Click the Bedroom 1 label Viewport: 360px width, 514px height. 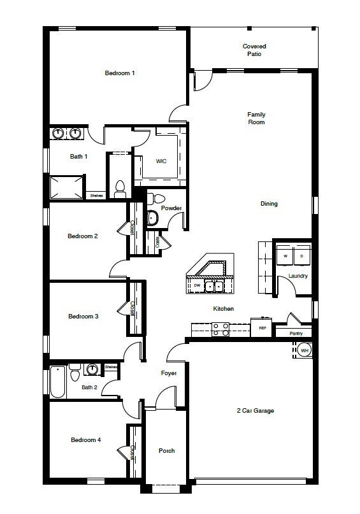[x=120, y=73]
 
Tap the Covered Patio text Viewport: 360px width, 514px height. [x=254, y=50]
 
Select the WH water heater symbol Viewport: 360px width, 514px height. [x=304, y=350]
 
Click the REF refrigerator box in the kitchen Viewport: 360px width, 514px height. [x=262, y=327]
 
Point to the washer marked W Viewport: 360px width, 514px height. [x=285, y=256]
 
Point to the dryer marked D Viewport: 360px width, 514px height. [x=302, y=256]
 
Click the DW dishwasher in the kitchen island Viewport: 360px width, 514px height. [x=198, y=286]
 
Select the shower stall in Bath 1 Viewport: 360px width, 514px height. [x=67, y=187]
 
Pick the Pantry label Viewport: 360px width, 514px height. [x=296, y=333]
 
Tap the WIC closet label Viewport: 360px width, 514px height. [x=161, y=161]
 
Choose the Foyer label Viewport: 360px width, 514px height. [x=168, y=373]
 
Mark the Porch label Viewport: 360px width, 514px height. [x=166, y=451]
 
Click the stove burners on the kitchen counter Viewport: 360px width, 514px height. [x=220, y=329]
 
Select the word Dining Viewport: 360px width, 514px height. [x=269, y=204]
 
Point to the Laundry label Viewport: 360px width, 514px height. [x=298, y=276]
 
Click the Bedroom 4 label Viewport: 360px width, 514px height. [x=85, y=440]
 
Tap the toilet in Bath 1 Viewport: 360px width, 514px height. [x=119, y=187]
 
